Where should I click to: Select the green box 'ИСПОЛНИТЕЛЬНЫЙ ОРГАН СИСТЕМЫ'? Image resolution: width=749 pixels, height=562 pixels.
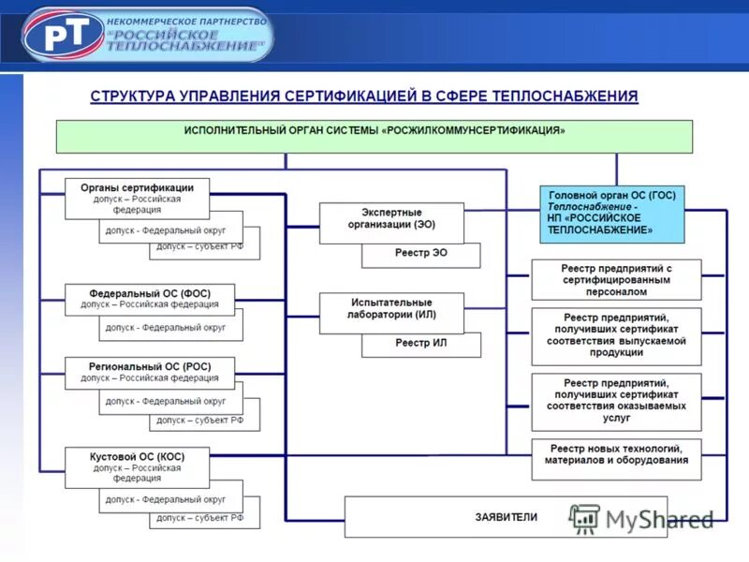click(x=374, y=136)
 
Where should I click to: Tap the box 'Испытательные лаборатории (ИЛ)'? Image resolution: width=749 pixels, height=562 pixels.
click(x=391, y=309)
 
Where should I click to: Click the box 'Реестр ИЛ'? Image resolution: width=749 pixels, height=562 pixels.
click(x=420, y=344)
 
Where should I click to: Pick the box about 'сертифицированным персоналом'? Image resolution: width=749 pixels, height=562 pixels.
click(x=616, y=280)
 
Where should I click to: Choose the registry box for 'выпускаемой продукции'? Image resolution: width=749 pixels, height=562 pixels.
click(x=616, y=334)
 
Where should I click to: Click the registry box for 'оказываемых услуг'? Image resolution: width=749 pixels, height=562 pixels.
click(x=616, y=400)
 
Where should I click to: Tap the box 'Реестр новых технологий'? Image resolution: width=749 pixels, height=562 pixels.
click(x=616, y=455)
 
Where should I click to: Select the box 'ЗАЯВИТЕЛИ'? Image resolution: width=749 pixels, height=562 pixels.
click(x=506, y=516)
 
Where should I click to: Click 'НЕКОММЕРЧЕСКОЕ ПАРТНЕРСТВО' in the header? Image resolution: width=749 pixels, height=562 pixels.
click(x=187, y=21)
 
